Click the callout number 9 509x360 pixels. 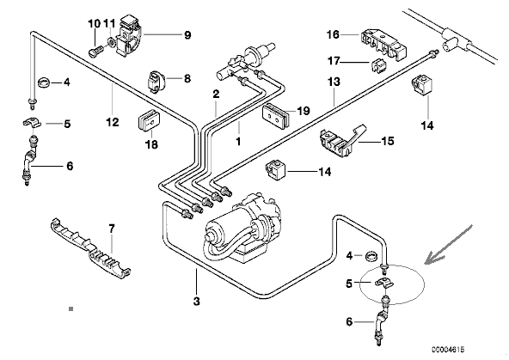[187, 35]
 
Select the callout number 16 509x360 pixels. [333, 34]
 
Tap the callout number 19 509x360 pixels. [304, 111]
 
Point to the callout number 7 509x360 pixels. [112, 229]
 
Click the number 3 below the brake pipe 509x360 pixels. [196, 302]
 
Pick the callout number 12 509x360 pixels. [113, 122]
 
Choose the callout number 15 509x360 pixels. [388, 141]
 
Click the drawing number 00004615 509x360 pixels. [448, 350]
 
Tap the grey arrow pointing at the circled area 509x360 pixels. [450, 244]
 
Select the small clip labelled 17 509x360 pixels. [378, 64]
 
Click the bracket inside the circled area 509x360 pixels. [384, 284]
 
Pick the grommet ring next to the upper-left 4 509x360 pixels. [44, 82]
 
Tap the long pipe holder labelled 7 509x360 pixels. [90, 249]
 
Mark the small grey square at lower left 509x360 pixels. [71, 309]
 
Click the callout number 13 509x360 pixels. [334, 82]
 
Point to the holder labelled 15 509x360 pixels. [342, 139]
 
